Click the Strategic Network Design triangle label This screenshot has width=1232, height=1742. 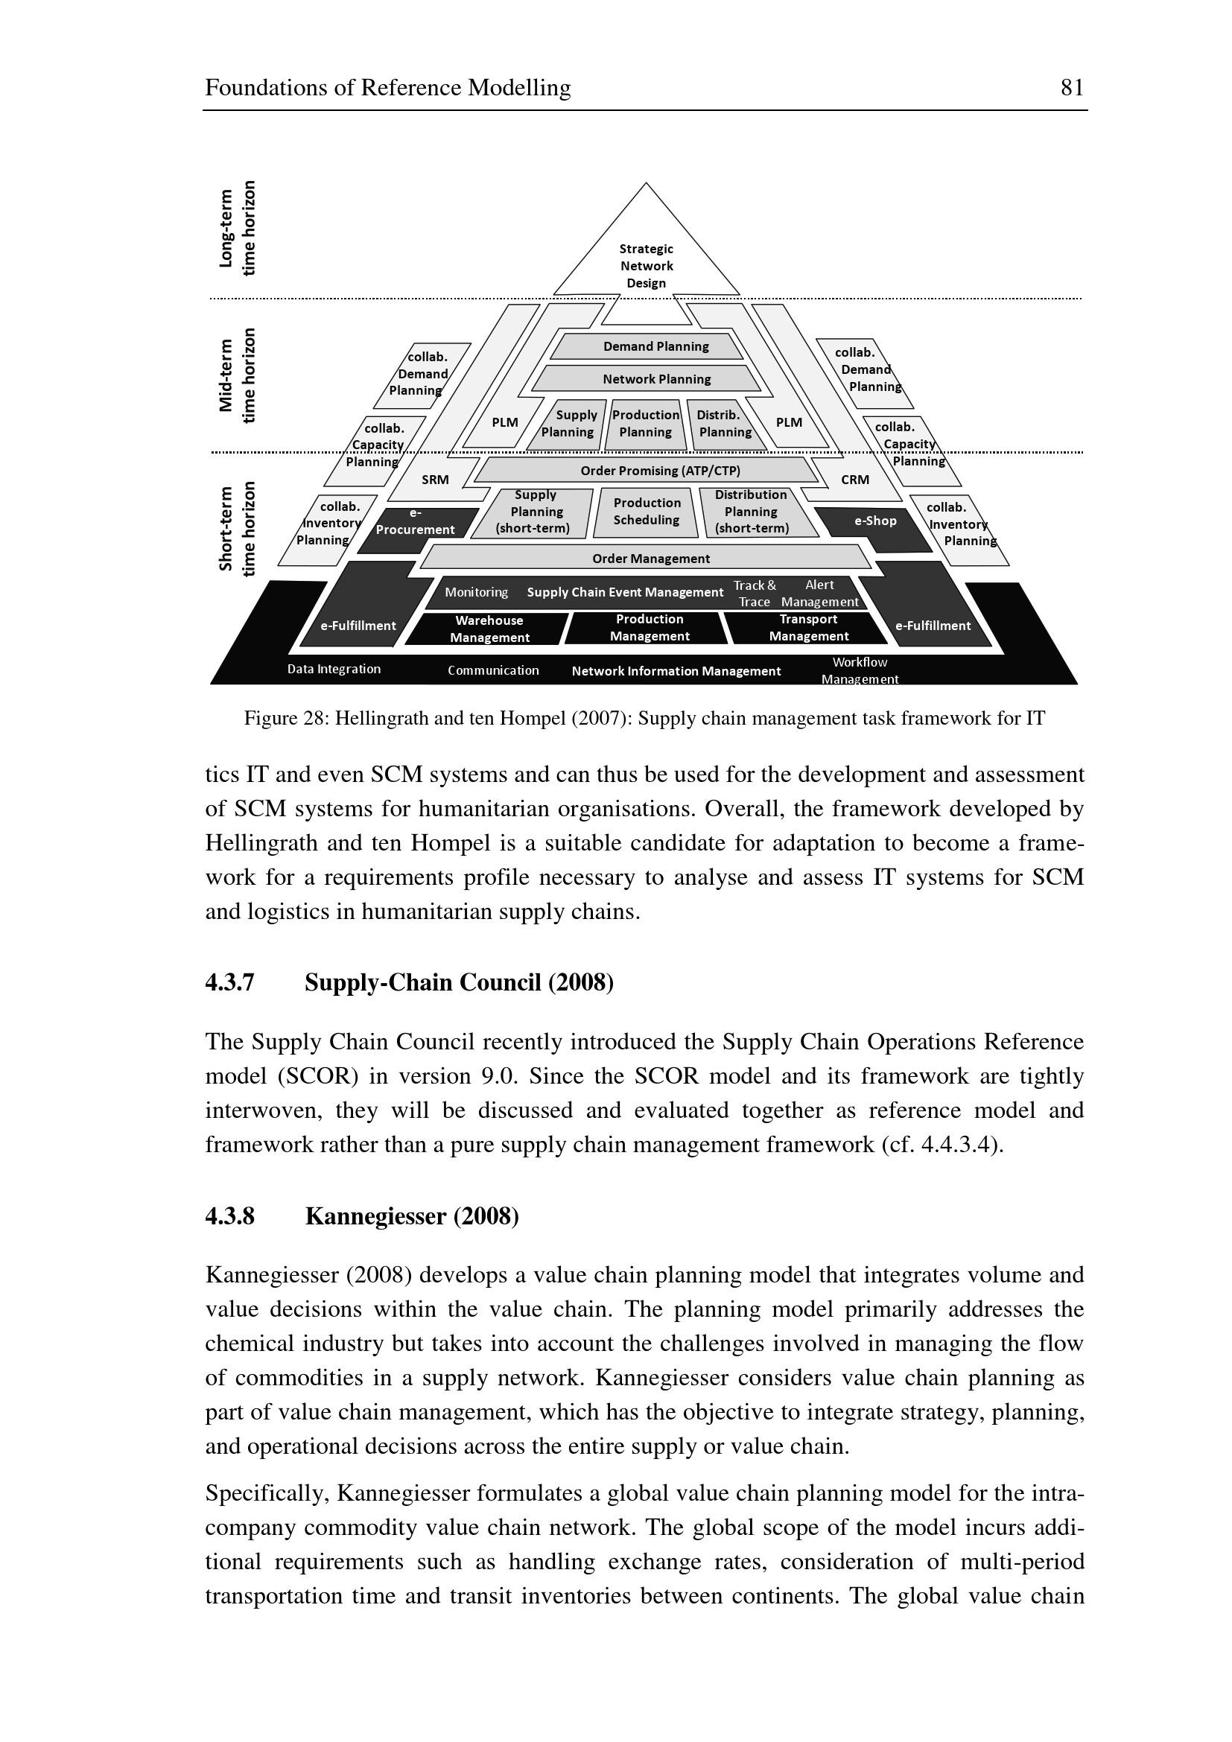[647, 266]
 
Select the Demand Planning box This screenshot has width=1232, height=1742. [655, 347]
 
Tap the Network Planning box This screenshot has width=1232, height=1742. [656, 378]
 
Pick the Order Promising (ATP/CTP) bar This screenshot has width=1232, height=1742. [659, 471]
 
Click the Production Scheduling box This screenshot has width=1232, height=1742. [647, 512]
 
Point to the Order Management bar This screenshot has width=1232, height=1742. [650, 559]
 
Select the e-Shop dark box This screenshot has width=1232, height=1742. [874, 521]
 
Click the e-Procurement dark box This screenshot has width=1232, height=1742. [416, 522]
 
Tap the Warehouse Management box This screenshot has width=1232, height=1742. [489, 629]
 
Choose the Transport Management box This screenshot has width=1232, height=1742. [808, 629]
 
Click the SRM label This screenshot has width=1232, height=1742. [436, 480]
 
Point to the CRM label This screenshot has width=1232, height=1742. [855, 480]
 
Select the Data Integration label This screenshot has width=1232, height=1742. [334, 670]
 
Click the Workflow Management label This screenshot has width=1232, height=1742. [859, 671]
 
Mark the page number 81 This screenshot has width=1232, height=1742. [1071, 88]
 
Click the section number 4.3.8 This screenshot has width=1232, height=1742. [230, 1216]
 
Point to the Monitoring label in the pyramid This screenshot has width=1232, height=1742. [476, 593]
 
